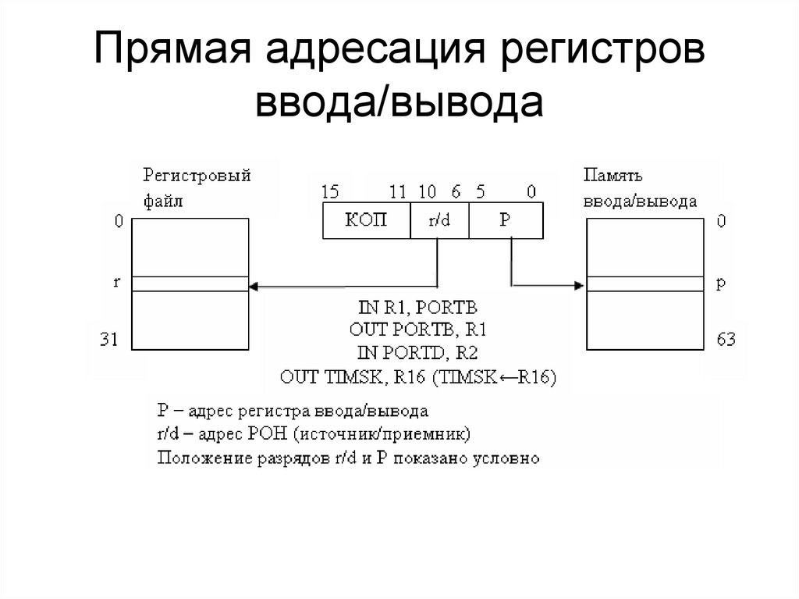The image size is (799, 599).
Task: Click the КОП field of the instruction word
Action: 366,221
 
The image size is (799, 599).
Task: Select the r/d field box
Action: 439,221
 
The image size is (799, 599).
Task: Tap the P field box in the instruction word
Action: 505,221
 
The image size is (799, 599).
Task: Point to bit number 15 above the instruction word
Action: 328,191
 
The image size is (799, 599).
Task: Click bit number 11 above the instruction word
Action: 398,191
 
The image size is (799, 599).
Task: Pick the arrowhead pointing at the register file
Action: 253,285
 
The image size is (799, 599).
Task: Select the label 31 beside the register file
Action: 108,341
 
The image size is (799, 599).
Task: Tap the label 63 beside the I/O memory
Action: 726,341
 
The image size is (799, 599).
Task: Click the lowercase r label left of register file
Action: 116,283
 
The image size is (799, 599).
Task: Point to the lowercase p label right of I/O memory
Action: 721,283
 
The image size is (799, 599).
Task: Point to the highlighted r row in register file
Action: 190,283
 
